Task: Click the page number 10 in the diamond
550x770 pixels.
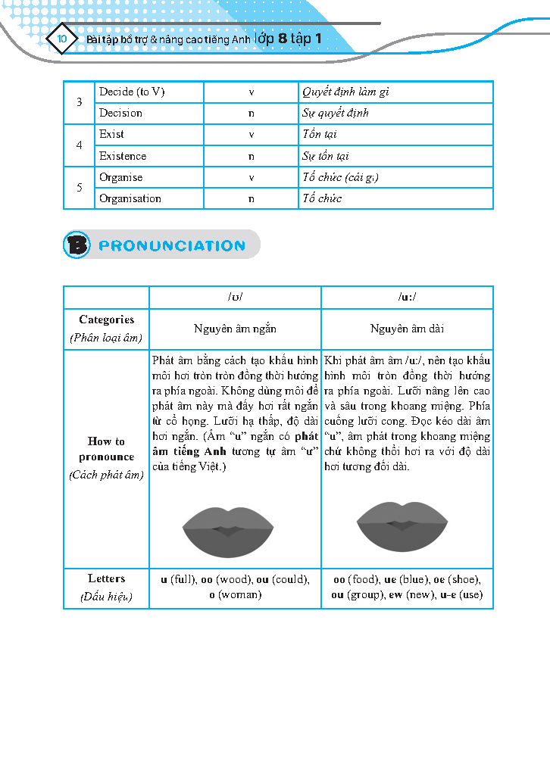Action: [62, 38]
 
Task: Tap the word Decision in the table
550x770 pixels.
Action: [120, 113]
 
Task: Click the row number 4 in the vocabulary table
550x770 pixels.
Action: [80, 145]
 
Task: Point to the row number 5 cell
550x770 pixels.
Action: [80, 187]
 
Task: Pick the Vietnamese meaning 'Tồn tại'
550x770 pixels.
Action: [320, 134]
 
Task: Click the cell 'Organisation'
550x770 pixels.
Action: [130, 198]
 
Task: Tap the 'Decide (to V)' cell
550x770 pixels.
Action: [132, 92]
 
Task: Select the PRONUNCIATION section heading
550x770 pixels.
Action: [172, 245]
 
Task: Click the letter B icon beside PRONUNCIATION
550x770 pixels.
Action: [77, 245]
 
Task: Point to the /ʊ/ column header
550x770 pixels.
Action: [235, 297]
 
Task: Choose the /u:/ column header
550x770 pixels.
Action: [407, 297]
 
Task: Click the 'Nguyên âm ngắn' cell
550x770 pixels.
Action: [235, 329]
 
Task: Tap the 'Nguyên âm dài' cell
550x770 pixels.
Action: [407, 329]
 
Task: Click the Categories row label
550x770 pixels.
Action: [106, 329]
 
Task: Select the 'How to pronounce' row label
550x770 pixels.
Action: [106, 457]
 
